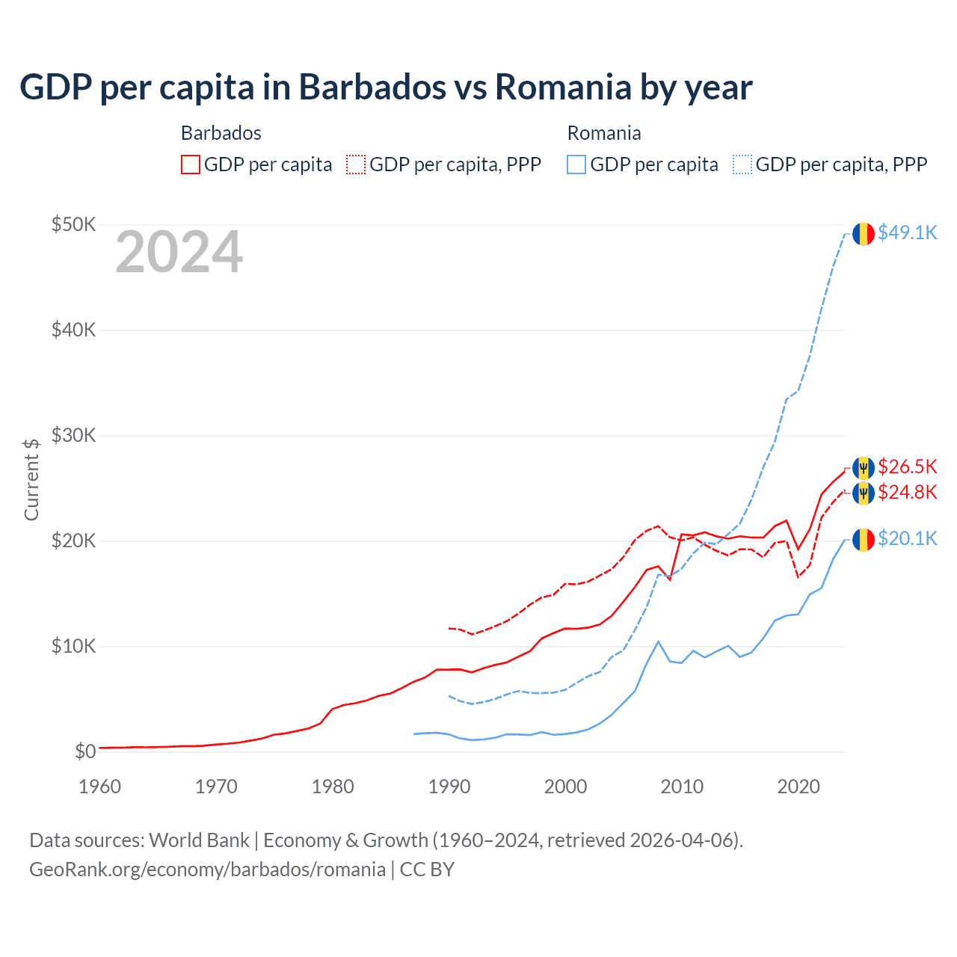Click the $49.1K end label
[907, 233]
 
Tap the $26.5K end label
[907, 467]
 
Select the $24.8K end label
[907, 493]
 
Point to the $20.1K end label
[907, 539]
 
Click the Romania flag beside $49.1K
[864, 234]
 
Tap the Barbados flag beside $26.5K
[864, 468]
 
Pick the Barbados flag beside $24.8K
[864, 493]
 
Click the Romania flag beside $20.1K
[864, 539]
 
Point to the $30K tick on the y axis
[73, 436]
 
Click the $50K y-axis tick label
[73, 225]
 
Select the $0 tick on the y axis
[85, 752]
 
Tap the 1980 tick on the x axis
[333, 787]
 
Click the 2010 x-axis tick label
[682, 787]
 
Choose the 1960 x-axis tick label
[99, 787]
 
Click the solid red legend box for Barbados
[191, 164]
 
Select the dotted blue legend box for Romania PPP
[742, 164]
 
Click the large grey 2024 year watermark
[179, 253]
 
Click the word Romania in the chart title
[563, 87]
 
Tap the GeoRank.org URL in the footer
[207, 870]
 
